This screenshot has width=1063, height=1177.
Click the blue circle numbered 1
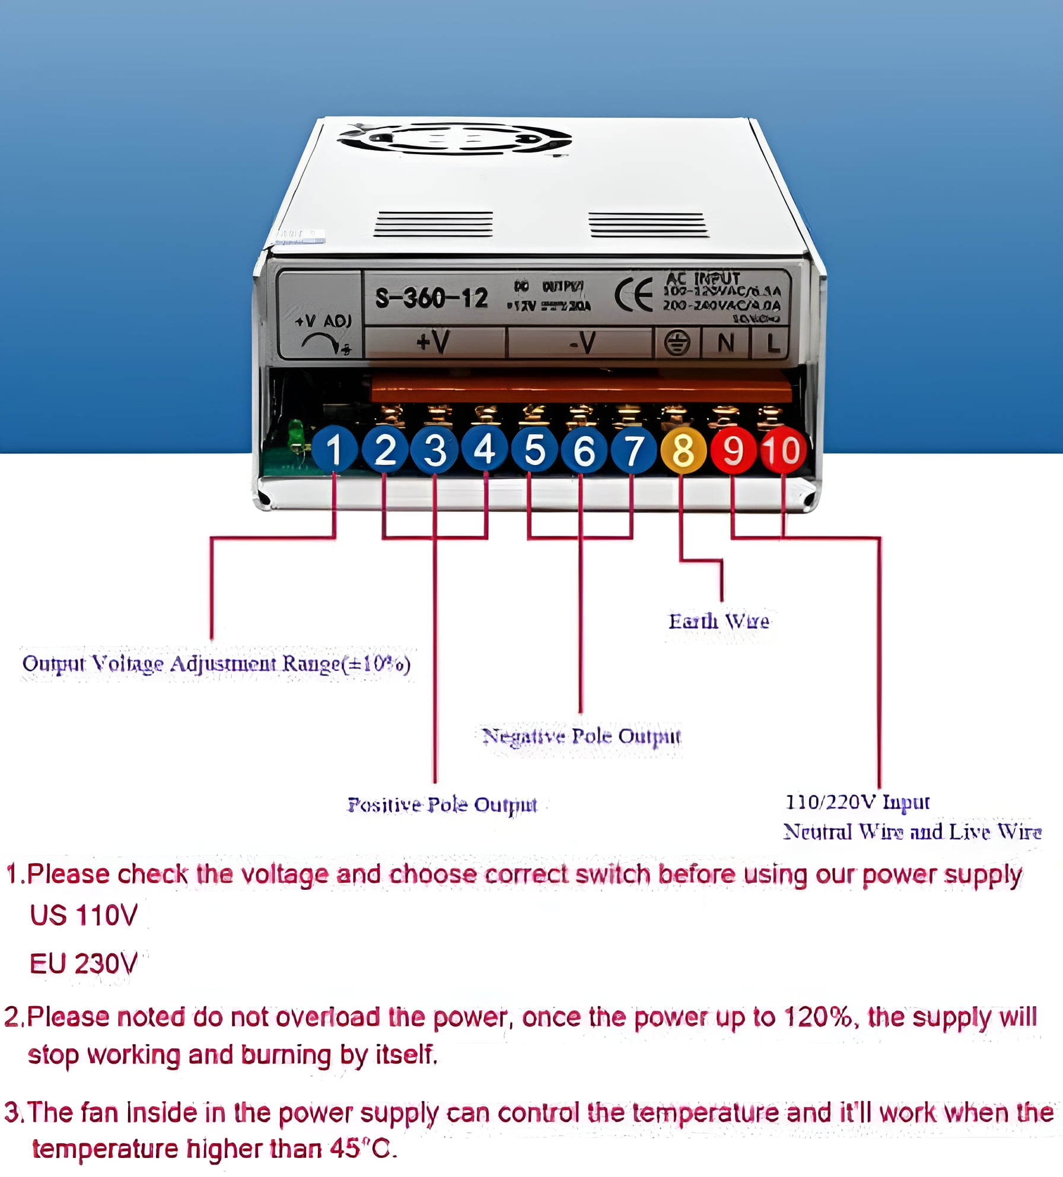pyautogui.click(x=334, y=450)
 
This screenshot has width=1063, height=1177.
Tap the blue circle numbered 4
pyautogui.click(x=485, y=449)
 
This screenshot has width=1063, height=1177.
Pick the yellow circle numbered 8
pyautogui.click(x=683, y=450)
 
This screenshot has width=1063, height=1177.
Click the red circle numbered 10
pyautogui.click(x=783, y=450)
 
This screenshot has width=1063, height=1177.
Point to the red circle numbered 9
pyautogui.click(x=733, y=450)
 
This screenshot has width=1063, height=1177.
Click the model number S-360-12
pyautogui.click(x=431, y=298)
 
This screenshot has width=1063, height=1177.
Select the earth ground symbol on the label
pyautogui.click(x=677, y=343)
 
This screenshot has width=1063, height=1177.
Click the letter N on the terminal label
pyautogui.click(x=725, y=343)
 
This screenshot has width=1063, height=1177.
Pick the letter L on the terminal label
pyautogui.click(x=772, y=343)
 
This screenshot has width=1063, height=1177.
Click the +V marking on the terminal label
pyautogui.click(x=432, y=342)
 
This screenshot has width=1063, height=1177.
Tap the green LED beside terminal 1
pyautogui.click(x=295, y=434)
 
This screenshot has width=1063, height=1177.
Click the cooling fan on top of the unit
pyautogui.click(x=454, y=139)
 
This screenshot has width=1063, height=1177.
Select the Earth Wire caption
pyautogui.click(x=719, y=621)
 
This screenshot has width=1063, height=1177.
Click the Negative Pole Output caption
pyautogui.click(x=581, y=736)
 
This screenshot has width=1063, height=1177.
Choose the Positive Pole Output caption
pyautogui.click(x=442, y=805)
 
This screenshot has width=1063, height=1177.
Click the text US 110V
pyautogui.click(x=84, y=915)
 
